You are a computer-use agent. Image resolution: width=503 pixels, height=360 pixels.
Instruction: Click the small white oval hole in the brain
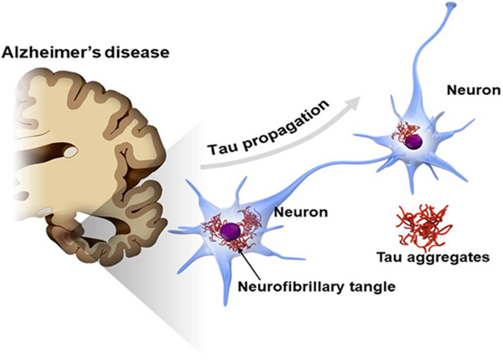click(x=73, y=152)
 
